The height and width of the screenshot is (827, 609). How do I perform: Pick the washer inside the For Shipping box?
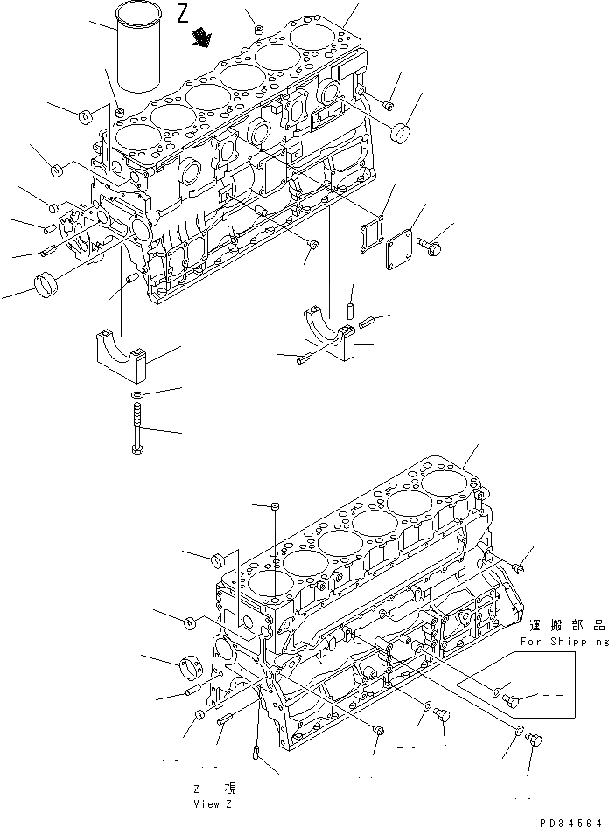pyautogui.click(x=496, y=694)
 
